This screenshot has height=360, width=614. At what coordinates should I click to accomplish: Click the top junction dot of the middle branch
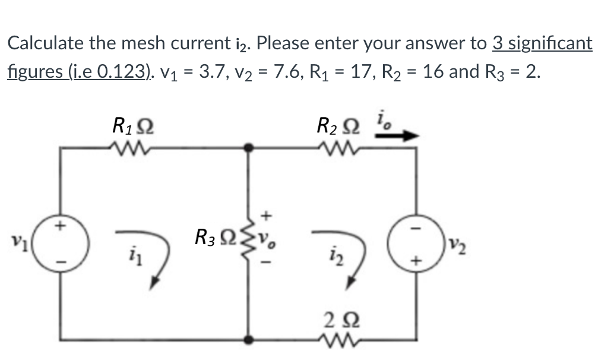click(248, 146)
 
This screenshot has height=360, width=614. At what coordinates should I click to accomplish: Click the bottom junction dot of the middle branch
click(248, 339)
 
